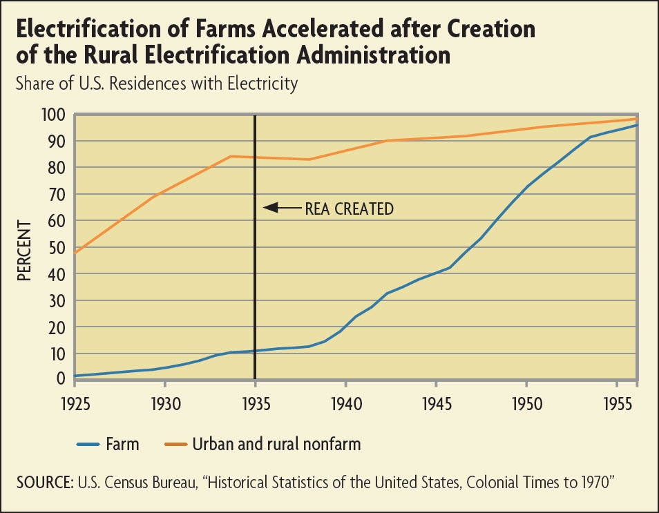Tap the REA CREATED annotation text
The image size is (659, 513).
click(x=349, y=209)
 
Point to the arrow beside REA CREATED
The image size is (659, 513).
click(x=281, y=207)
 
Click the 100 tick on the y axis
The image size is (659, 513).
click(x=53, y=115)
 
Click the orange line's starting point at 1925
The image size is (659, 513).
click(x=75, y=252)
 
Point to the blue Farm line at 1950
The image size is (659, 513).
click(x=526, y=186)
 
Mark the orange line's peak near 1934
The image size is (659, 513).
click(x=231, y=156)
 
